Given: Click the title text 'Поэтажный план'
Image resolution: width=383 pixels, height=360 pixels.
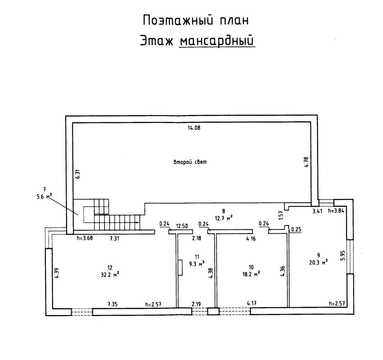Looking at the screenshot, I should (196, 21).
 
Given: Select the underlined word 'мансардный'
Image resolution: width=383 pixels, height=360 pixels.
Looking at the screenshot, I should (217, 41).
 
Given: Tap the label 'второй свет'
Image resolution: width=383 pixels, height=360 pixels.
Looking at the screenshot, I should (190, 162).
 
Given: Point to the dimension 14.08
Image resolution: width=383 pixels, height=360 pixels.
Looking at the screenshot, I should (194, 127).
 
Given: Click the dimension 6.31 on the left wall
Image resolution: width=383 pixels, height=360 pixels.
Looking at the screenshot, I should (78, 175).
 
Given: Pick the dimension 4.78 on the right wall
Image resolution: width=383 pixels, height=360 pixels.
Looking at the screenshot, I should (306, 162).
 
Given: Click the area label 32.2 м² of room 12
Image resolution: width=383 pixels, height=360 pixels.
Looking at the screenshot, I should (110, 274).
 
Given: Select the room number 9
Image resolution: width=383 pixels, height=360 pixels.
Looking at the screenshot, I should (318, 255).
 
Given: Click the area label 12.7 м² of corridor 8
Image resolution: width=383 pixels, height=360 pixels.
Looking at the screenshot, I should (223, 218).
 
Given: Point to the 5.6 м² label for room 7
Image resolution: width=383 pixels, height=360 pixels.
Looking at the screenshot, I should (44, 196).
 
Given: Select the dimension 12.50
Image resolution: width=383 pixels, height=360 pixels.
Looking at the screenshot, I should (182, 226).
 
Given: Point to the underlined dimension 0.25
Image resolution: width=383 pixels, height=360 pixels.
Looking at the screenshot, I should (296, 229).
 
